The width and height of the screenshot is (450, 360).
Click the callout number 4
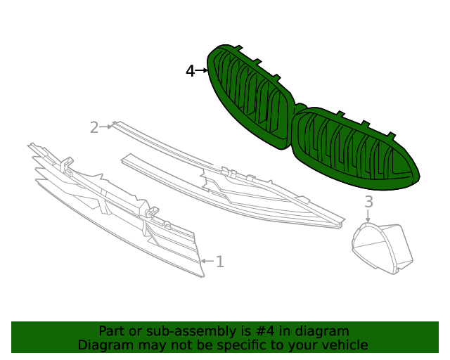tap(190, 71)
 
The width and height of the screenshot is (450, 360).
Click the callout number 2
tap(94, 127)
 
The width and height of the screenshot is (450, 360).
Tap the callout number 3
tap(368, 202)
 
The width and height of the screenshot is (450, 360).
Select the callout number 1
tap(220, 262)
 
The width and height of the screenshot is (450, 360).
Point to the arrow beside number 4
tap(202, 70)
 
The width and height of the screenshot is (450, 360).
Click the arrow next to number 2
tap(106, 127)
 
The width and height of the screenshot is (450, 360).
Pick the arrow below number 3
tap(368, 217)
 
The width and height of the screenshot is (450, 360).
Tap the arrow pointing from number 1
tap(207, 262)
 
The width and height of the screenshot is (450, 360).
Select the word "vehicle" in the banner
tap(345, 345)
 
